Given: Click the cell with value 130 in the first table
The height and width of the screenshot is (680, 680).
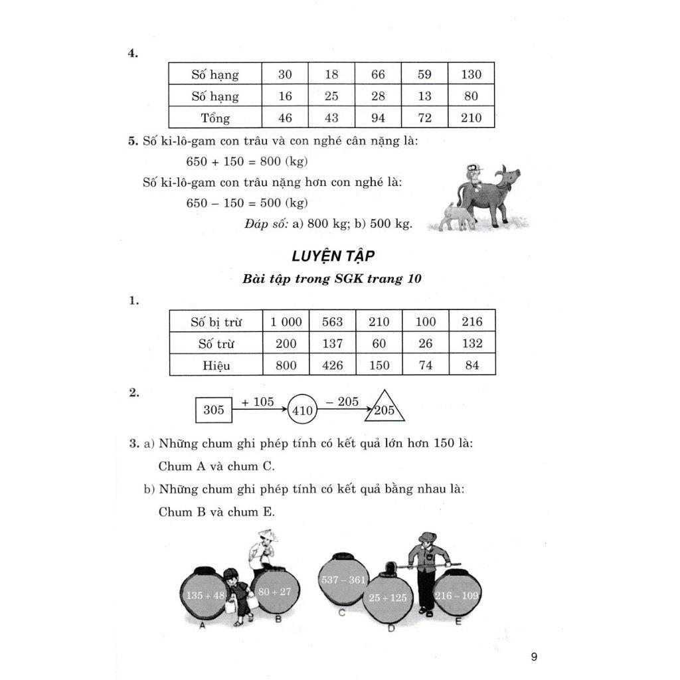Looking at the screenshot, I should [x=471, y=75].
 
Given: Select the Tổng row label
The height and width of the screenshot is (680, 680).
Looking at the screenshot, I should [x=215, y=118].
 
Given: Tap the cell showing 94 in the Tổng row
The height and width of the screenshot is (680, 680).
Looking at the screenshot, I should [x=378, y=118].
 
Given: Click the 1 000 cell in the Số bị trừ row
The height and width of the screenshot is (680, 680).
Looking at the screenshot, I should [x=286, y=322].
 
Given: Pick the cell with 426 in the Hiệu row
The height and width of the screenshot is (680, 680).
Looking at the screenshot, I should [x=332, y=366].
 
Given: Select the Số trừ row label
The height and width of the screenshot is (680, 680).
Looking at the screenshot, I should [x=216, y=344].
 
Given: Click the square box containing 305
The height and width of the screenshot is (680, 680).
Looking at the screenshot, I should [x=214, y=410].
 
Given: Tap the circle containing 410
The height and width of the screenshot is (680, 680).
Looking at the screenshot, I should [x=302, y=410].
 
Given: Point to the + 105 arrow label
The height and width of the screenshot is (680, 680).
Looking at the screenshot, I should [x=258, y=402].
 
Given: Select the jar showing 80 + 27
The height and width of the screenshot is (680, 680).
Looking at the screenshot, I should [x=274, y=591].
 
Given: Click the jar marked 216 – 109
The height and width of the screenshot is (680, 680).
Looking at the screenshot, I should [x=457, y=595].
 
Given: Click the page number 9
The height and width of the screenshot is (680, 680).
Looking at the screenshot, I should [x=534, y=657].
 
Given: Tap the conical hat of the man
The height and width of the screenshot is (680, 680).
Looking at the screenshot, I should [x=268, y=535].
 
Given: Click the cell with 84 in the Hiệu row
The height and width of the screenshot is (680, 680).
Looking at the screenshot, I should [x=471, y=366].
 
